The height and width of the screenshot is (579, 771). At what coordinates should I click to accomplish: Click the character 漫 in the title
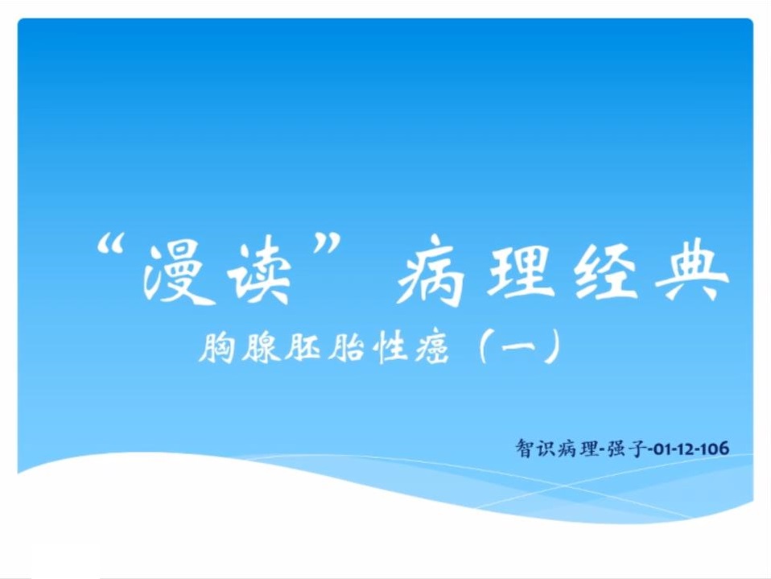click(173, 272)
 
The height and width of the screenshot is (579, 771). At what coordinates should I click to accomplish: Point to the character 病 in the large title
click(431, 271)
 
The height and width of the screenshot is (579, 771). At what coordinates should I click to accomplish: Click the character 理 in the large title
click(517, 270)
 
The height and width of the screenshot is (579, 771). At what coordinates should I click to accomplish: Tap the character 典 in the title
click(692, 271)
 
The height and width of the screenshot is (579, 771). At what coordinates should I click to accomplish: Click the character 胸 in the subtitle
click(216, 348)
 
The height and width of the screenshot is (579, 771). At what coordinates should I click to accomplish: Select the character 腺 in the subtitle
click(260, 348)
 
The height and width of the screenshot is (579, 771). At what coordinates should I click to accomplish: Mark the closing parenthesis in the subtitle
click(553, 346)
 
